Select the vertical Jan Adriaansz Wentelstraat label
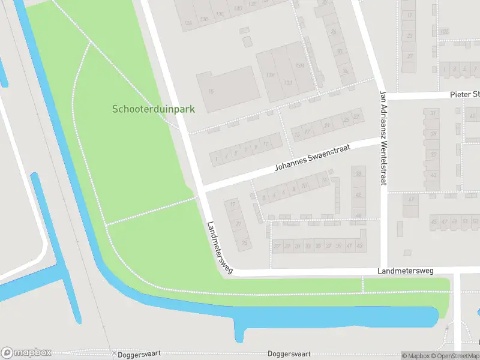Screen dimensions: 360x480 pyautogui.click(x=382, y=137)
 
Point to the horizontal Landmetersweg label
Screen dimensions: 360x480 pyautogui.click(x=405, y=271)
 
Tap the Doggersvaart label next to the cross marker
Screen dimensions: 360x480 pyautogui.click(x=140, y=354)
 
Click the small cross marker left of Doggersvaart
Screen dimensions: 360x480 pyautogui.click(x=114, y=353)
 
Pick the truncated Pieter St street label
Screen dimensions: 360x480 pyautogui.click(x=465, y=95)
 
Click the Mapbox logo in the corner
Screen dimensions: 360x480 pyautogui.click(x=26, y=353)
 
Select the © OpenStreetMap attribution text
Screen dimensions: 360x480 pyautogui.click(x=454, y=356)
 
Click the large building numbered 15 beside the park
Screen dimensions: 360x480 pyautogui.click(x=228, y=90)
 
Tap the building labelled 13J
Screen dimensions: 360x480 pyautogui.click(x=289, y=83)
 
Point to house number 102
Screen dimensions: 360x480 pyautogui.click(x=444, y=31)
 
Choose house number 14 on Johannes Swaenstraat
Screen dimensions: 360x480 pyautogui.click(x=325, y=179)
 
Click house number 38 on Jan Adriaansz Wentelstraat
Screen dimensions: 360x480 pyautogui.click(x=359, y=174)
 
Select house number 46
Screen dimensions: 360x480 pyautogui.click(x=359, y=215)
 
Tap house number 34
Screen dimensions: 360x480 pyautogui.click(x=345, y=71)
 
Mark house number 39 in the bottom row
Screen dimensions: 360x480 pyautogui.click(x=339, y=246)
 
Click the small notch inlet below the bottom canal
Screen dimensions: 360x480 pyautogui.click(x=239, y=336)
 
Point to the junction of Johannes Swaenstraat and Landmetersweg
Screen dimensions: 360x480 pyautogui.click(x=201, y=189)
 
